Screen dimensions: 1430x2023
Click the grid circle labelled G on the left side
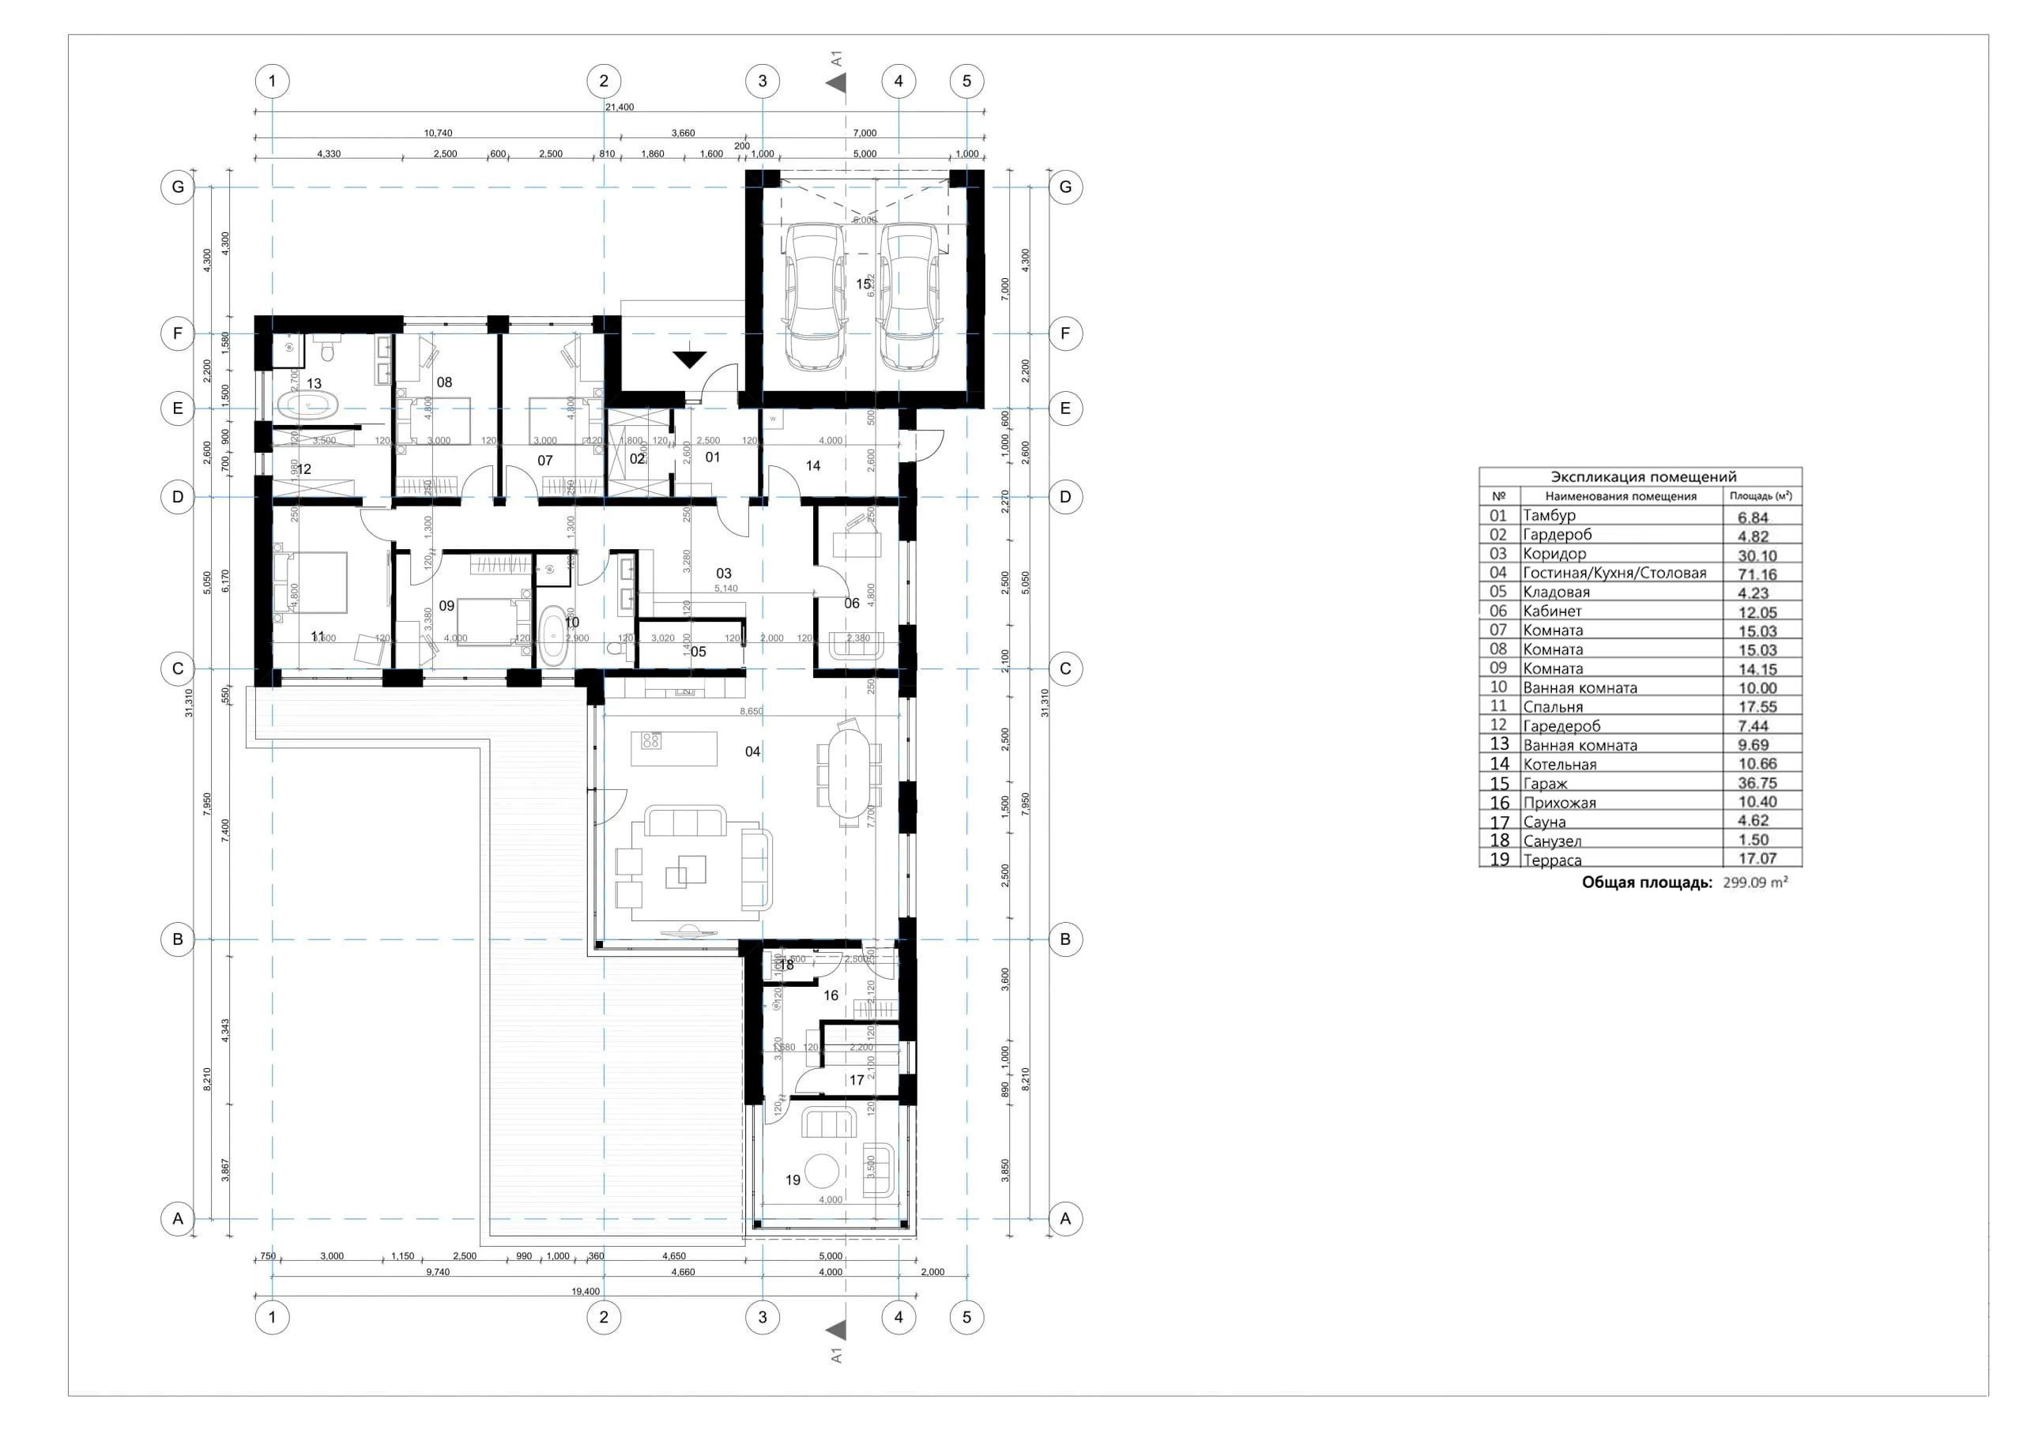click(178, 188)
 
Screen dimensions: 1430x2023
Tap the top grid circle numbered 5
click(966, 81)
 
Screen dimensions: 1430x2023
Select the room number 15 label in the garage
click(864, 284)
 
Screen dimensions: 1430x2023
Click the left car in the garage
click(815, 295)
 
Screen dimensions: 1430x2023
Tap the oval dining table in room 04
click(849, 773)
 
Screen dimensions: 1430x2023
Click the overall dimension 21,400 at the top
click(620, 107)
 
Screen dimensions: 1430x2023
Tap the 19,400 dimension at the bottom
click(585, 1292)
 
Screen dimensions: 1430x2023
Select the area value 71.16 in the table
click(1757, 574)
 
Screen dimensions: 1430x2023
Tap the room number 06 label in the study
click(851, 604)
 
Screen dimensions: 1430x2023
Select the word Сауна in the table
click(1545, 822)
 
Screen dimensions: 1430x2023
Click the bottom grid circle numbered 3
click(762, 1317)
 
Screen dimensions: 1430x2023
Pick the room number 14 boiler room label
click(812, 465)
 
